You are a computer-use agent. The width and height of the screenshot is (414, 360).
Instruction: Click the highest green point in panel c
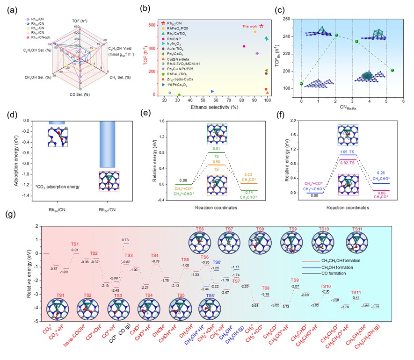[x=336, y=35]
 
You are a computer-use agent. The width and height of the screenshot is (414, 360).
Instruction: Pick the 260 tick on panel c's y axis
[x=294, y=19]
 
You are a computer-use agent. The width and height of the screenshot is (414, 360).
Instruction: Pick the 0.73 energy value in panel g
[x=125, y=240]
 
